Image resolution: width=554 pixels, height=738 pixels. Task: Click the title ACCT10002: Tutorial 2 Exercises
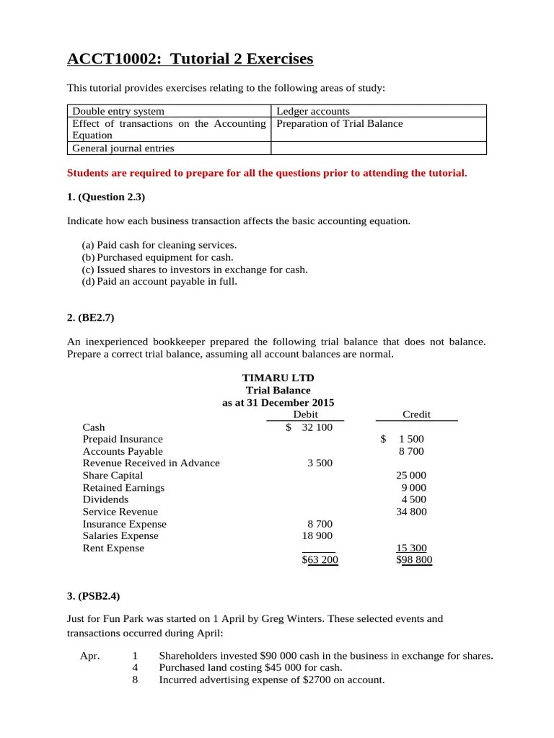click(x=190, y=58)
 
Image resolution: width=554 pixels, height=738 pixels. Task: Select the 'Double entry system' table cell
click(x=118, y=111)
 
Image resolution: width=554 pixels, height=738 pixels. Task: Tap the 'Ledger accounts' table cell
click(x=313, y=111)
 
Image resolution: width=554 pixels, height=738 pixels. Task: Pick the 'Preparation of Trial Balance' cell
click(x=340, y=123)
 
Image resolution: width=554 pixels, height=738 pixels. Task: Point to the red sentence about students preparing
click(x=267, y=173)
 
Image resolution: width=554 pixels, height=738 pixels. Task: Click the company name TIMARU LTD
click(x=278, y=378)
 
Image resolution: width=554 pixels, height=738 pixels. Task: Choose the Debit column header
click(x=306, y=414)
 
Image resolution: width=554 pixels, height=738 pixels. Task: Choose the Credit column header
click(x=416, y=414)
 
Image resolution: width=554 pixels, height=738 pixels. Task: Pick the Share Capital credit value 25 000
click(x=411, y=476)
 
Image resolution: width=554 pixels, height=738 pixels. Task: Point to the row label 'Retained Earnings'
click(x=123, y=488)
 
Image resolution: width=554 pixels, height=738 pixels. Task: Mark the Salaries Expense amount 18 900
click(x=317, y=536)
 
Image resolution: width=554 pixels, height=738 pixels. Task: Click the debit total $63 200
click(x=320, y=560)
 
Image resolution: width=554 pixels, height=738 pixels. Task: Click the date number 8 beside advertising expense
click(x=135, y=680)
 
